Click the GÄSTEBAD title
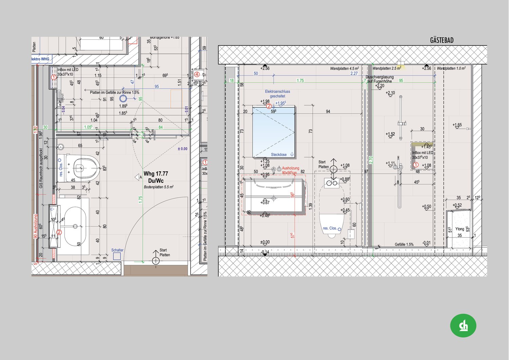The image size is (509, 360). tap(441, 40)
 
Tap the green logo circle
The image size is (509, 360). tap(463, 325)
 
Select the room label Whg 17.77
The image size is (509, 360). tap(156, 174)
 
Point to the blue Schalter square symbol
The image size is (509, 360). tap(117, 256)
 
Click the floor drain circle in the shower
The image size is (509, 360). tap(123, 99)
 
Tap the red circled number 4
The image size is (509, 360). tap(197, 74)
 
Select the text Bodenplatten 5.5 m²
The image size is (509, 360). tap(158, 187)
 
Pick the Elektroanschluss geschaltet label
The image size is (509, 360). tap(277, 94)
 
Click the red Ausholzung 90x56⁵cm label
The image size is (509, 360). tap(290, 170)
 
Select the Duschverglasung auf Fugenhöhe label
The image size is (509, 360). tap(379, 79)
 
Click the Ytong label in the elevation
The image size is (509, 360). tap(459, 229)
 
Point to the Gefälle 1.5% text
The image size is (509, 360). tap(404, 245)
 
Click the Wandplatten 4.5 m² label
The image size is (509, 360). tap(344, 69)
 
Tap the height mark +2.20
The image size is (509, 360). tap(380, 86)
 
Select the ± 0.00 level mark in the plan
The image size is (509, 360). tap(182, 149)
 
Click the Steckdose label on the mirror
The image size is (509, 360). tap(279, 155)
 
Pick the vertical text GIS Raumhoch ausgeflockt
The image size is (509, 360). tap(41, 168)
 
